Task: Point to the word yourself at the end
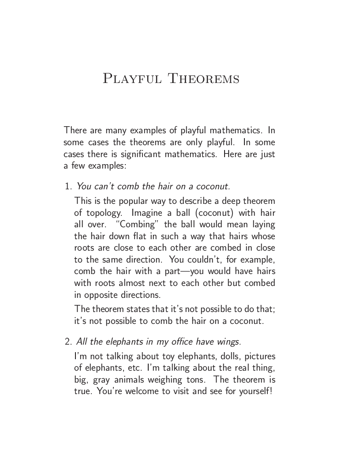[254, 391]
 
